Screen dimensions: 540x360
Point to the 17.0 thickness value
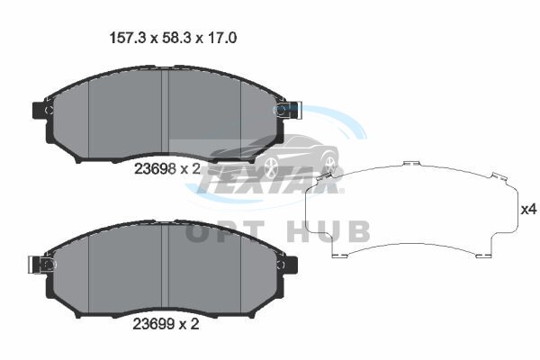tap(221, 38)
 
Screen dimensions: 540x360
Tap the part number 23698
tap(155, 169)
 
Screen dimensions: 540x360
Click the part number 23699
tap(154, 324)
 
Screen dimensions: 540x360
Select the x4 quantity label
tap(528, 209)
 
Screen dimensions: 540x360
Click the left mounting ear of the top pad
tap(39, 110)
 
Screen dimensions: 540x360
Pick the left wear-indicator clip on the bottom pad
tap(40, 265)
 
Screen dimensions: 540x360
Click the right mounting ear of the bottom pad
tap(292, 265)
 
